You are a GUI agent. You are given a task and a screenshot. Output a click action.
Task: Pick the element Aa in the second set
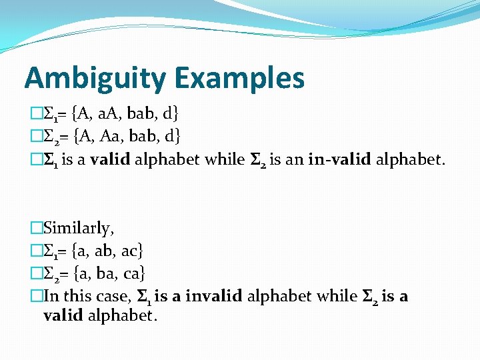click(x=106, y=136)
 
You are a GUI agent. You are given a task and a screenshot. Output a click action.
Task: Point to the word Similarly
click(x=78, y=228)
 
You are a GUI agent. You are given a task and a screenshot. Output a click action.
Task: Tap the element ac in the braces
click(x=130, y=251)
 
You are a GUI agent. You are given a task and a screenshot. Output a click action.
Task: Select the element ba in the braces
click(x=104, y=273)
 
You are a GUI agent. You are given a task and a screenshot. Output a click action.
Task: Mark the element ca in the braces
click(x=132, y=273)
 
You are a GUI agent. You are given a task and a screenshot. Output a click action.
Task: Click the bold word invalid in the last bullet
click(x=213, y=295)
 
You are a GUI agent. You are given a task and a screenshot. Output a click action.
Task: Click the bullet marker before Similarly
click(x=37, y=228)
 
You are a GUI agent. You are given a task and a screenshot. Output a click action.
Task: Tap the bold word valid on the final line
click(x=63, y=315)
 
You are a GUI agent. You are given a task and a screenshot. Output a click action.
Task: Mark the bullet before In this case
click(x=37, y=295)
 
